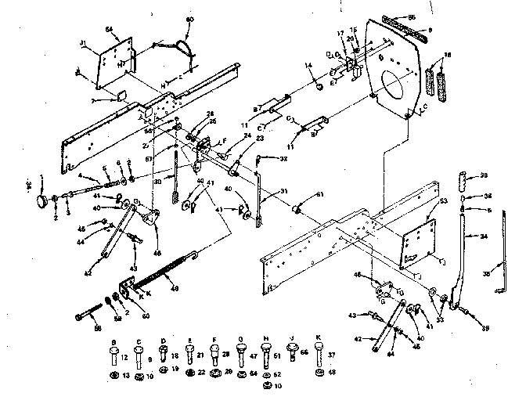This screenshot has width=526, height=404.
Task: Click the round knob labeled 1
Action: (x=40, y=203)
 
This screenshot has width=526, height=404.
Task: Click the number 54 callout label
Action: (x=109, y=29)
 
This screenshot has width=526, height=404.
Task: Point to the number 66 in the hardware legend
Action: (x=304, y=355)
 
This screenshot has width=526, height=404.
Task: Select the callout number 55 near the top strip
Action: (x=413, y=16)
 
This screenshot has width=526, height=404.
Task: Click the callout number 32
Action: (x=284, y=159)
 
